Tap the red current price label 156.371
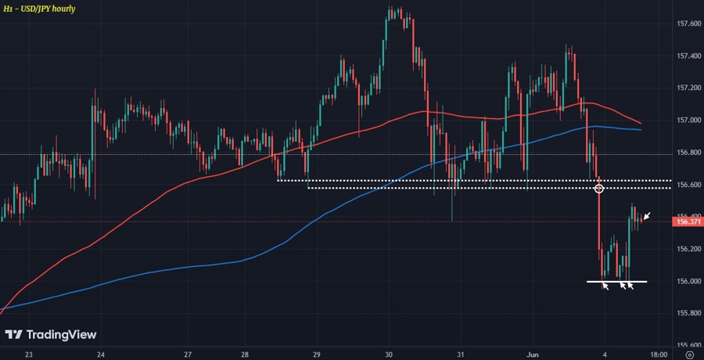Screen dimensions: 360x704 click(x=688, y=222)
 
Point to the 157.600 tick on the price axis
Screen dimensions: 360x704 click(x=688, y=24)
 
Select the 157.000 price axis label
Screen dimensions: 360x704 click(x=688, y=121)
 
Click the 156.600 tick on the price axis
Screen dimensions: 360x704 click(x=688, y=185)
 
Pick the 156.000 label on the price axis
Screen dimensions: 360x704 click(x=688, y=281)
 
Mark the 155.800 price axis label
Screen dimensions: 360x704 click(x=688, y=313)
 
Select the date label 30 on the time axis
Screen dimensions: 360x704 click(x=389, y=354)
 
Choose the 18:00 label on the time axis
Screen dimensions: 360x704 click(x=659, y=354)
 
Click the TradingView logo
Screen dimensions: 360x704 click(x=52, y=335)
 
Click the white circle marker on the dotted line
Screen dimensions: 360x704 click(x=599, y=189)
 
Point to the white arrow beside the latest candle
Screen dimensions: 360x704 click(x=647, y=215)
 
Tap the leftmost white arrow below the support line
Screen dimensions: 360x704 click(x=605, y=286)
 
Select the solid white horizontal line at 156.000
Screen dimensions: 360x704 click(x=617, y=280)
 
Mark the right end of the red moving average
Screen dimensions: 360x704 click(x=641, y=123)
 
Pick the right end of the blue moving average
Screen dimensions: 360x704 click(x=641, y=130)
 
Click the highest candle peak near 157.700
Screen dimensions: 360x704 click(x=390, y=9)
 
